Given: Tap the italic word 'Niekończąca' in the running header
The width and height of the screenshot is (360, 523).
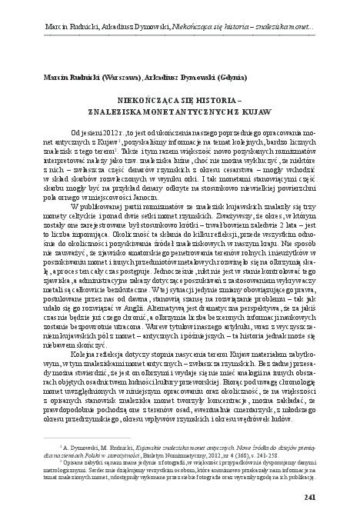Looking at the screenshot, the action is [x=188, y=13].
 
